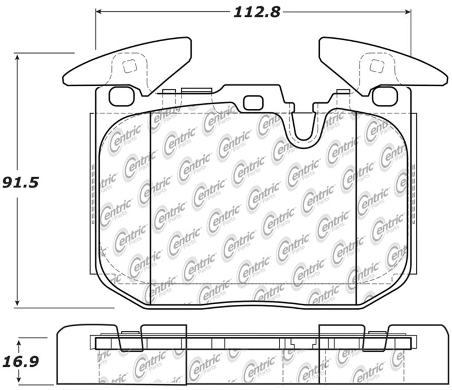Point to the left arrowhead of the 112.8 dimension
[x=99, y=11]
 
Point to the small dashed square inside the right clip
[x=375, y=67]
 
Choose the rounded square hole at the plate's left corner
[x=121, y=96]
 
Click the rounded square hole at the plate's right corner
[x=385, y=96]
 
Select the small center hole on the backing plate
[x=253, y=103]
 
